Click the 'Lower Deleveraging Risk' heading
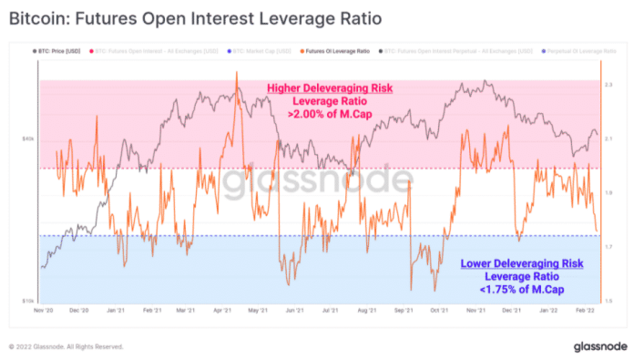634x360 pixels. (x=508, y=263)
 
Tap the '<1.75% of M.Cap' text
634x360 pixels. (x=509, y=290)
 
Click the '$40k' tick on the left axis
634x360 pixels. (x=28, y=139)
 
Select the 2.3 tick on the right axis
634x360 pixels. (x=608, y=84)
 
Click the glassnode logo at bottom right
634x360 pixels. (x=598, y=346)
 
